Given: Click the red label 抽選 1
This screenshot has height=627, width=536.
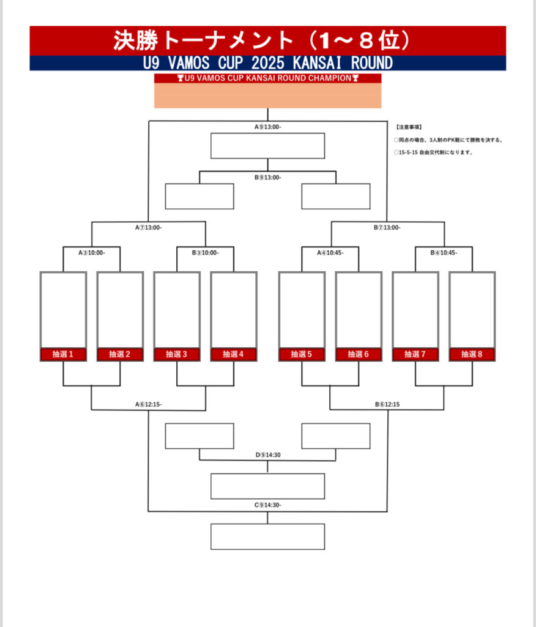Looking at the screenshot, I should (x=63, y=354).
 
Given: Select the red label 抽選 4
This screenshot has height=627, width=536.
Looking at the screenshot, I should (x=234, y=354).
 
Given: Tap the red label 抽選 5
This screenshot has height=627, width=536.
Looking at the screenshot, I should (x=302, y=354).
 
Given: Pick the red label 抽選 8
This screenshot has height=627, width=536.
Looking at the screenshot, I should (x=472, y=354).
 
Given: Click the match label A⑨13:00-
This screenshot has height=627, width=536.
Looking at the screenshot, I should (x=267, y=127).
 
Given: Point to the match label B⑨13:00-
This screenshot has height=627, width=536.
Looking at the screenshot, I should (x=267, y=178).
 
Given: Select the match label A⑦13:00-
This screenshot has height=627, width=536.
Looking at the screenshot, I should (x=149, y=227).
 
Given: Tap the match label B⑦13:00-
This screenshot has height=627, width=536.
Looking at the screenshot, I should (x=387, y=227).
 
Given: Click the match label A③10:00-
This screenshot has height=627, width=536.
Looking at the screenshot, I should (x=92, y=252).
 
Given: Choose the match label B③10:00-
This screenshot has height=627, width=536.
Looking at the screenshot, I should (x=205, y=252).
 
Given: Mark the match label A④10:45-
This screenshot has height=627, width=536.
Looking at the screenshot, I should (x=330, y=252).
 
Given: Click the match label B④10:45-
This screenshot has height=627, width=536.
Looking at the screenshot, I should (x=444, y=252).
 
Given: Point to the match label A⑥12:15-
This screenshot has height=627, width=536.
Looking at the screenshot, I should (x=149, y=404).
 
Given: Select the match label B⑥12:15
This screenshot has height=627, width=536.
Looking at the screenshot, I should (x=387, y=404).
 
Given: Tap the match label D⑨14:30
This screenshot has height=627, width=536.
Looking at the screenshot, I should (x=267, y=455).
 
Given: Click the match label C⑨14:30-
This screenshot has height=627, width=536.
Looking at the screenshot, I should (x=267, y=505).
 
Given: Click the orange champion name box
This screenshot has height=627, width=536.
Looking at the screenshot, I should (x=267, y=96).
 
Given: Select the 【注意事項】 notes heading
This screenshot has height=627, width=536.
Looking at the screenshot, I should (x=409, y=127).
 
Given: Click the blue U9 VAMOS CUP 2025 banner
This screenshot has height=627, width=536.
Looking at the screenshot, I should (x=267, y=63).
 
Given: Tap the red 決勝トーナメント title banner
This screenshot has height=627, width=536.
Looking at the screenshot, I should (x=267, y=40).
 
